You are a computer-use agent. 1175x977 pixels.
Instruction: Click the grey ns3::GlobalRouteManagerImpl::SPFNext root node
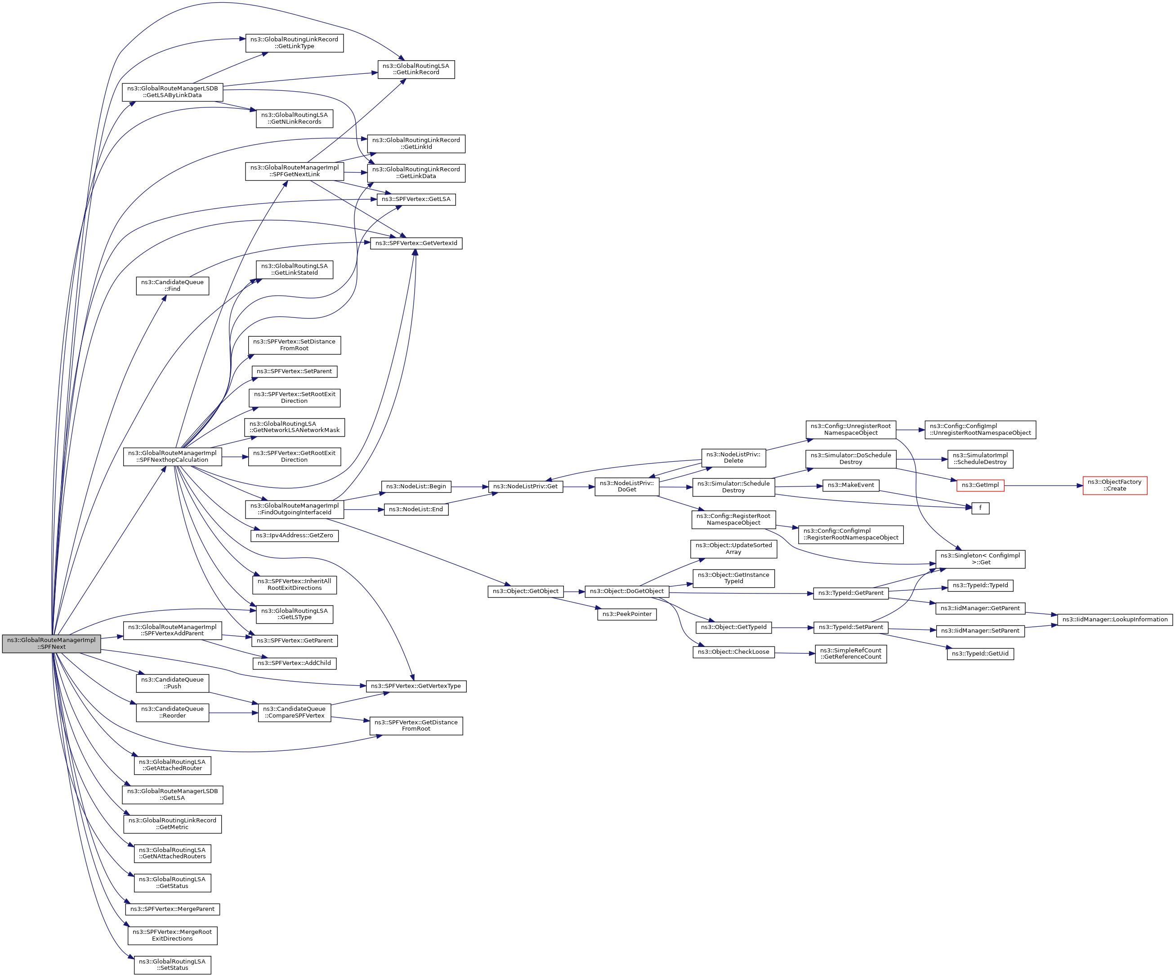coord(51,643)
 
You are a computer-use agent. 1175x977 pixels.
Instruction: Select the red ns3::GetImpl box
coord(980,485)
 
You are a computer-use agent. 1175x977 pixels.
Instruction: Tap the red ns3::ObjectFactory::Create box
coord(1115,485)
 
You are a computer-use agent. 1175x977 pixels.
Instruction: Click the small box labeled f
coord(980,508)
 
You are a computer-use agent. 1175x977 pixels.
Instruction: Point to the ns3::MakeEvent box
coord(850,485)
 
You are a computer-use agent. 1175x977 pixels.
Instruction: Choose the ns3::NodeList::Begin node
coord(416,486)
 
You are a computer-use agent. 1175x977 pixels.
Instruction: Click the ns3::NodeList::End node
coord(416,509)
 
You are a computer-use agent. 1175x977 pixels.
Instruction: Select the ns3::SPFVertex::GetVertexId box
coord(416,243)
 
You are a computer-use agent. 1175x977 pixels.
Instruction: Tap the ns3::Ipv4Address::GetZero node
coord(294,535)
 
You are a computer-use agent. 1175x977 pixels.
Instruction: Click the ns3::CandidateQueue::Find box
coord(172,286)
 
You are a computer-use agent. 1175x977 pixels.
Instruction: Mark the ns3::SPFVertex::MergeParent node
coord(172,909)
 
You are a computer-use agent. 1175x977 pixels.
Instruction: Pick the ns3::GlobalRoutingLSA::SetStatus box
coord(172,965)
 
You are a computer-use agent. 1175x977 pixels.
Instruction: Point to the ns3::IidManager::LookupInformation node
coord(1115,620)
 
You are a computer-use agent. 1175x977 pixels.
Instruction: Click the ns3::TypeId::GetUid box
coord(980,654)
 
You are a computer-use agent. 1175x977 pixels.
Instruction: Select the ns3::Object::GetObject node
coord(525,591)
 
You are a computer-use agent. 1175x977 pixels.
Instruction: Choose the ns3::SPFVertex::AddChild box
coord(294,663)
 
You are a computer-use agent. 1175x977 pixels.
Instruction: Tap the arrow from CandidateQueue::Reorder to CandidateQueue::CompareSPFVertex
coord(233,713)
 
